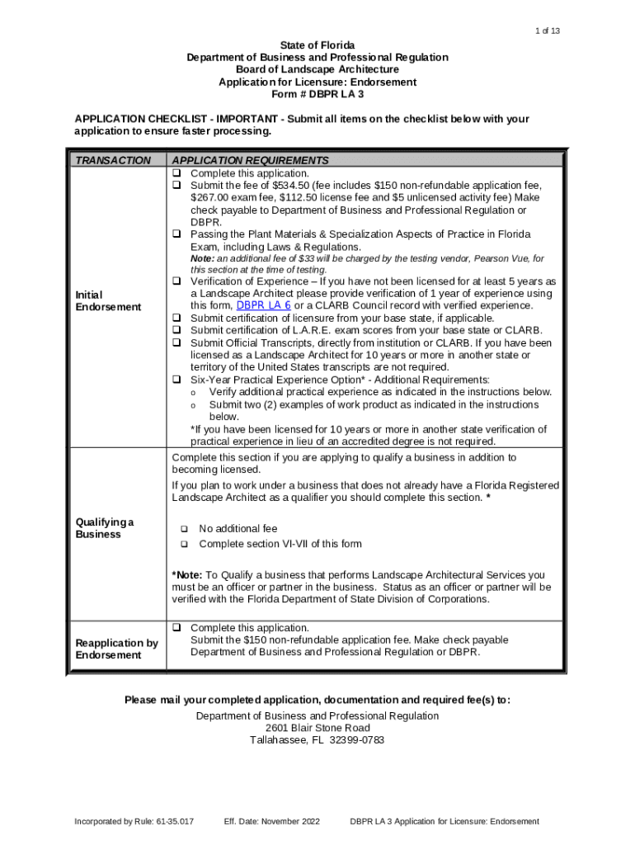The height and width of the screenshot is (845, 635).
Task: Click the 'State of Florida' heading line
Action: click(317, 45)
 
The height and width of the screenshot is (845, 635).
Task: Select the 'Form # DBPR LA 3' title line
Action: click(317, 95)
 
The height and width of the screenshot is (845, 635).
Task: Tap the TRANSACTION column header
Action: click(113, 160)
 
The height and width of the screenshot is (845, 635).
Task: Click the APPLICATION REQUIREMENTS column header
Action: click(250, 160)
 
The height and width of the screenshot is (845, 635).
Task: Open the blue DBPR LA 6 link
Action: click(264, 305)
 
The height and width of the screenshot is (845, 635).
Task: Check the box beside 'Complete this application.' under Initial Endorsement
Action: click(176, 173)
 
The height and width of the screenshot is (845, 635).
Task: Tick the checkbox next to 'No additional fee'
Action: click(184, 529)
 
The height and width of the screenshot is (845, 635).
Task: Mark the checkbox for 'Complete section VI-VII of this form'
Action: click(184, 544)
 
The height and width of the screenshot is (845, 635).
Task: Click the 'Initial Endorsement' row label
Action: click(108, 300)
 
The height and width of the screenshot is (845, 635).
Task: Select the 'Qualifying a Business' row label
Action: click(105, 528)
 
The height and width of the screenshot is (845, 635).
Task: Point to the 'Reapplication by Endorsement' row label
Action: click(116, 649)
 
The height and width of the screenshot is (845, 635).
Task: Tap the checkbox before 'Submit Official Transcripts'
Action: click(176, 342)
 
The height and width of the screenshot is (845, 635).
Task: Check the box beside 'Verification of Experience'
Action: click(176, 281)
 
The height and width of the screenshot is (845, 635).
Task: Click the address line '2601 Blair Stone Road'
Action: click(317, 729)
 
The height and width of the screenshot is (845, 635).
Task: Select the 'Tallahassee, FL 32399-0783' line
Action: click(317, 741)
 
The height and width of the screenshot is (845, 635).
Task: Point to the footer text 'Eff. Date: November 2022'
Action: click(271, 822)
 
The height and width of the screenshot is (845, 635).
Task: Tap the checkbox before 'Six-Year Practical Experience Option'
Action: click(176, 380)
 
